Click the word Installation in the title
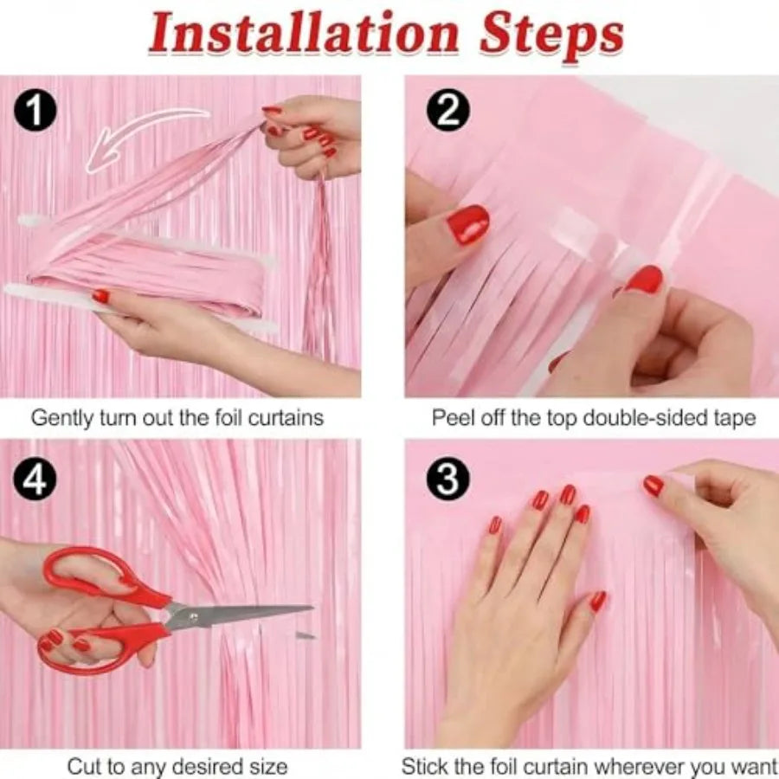click(x=304, y=33)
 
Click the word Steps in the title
click(x=552, y=35)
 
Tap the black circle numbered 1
click(x=35, y=111)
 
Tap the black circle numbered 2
click(x=448, y=111)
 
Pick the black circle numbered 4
click(x=35, y=480)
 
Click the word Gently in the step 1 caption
click(x=62, y=418)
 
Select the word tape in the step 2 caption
click(x=735, y=418)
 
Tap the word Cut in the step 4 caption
click(x=82, y=766)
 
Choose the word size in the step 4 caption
click(x=268, y=766)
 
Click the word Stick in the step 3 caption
click(x=423, y=766)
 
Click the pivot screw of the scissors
click(x=193, y=617)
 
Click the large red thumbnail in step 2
click(x=468, y=224)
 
